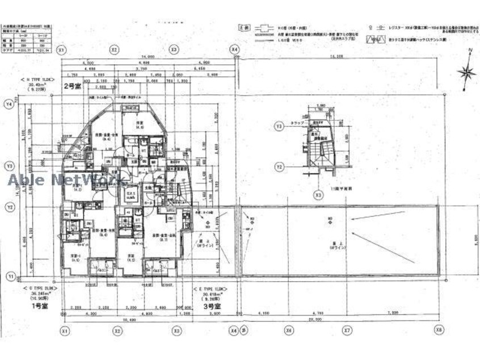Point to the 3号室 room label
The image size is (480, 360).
click(x=212, y=305)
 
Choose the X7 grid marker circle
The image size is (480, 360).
click(x=346, y=330)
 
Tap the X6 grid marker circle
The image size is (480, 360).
click(x=289, y=330)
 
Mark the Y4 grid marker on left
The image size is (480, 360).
click(x=9, y=104)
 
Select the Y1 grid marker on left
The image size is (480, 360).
click(x=9, y=277)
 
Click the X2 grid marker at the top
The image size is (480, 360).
click(x=115, y=49)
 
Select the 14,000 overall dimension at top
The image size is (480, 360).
click(x=149, y=57)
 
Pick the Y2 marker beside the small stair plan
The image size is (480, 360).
click(x=279, y=167)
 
